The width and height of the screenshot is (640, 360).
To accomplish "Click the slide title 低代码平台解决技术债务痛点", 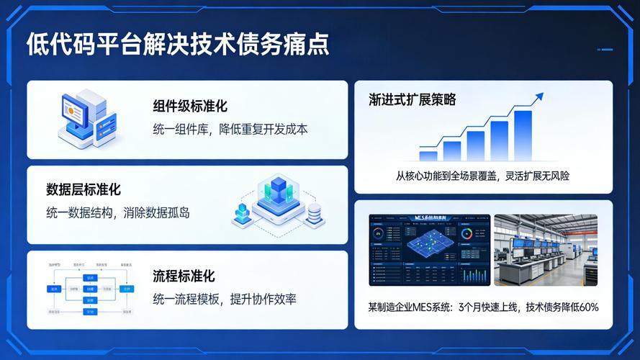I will click(178, 44).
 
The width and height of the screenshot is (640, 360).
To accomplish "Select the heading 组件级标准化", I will click(190, 106).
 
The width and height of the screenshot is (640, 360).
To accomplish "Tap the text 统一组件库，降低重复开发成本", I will click(230, 130).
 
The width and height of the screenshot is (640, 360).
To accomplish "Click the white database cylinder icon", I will click(314, 213).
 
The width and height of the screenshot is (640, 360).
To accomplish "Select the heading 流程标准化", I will click(184, 276).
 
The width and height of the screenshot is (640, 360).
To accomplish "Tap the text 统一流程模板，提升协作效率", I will click(225, 300).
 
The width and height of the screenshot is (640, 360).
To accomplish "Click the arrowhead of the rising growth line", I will click(538, 96).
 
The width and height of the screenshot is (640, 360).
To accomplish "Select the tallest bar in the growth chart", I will click(523, 135).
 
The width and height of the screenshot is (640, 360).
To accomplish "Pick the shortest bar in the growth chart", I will click(428, 156).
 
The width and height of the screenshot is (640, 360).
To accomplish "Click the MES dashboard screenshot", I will click(429, 249).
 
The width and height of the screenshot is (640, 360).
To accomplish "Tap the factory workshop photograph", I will click(545, 249).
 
